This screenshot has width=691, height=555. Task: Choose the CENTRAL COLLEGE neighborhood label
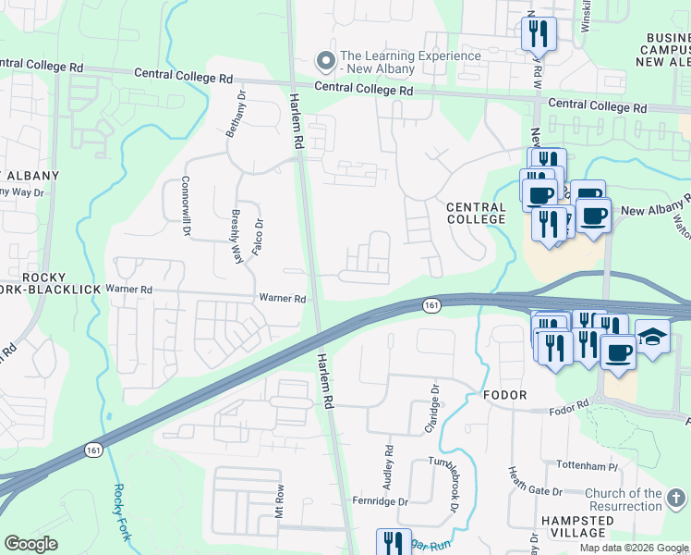click(476, 214)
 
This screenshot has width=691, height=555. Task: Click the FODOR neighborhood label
click(504, 395)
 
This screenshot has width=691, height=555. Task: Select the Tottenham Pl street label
click(591, 463)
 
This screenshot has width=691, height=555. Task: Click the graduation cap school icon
click(652, 339)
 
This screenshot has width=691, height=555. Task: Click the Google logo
click(30, 544)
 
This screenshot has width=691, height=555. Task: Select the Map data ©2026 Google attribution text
click(633, 548)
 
